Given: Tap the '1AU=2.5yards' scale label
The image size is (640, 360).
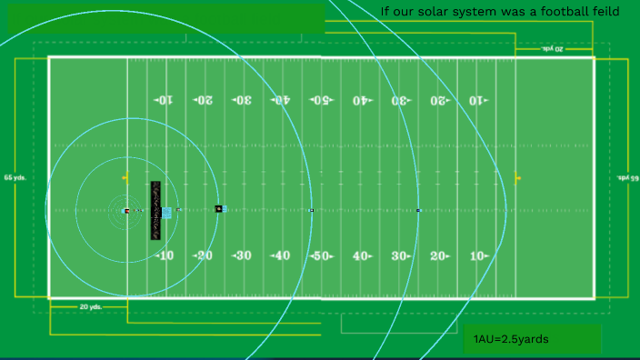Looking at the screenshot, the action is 511,339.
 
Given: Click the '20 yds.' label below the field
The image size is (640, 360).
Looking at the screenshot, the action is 89,307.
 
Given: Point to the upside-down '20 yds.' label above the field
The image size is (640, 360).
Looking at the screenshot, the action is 553,48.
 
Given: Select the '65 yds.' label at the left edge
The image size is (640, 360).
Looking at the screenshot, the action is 15,177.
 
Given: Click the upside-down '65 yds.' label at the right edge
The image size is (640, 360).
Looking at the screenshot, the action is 628,177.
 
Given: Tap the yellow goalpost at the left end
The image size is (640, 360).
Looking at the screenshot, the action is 125,176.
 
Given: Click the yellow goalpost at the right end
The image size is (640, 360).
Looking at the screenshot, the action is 517,177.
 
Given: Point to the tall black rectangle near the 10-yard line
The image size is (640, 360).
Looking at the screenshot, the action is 155,210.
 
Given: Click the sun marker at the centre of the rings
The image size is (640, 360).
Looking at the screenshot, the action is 125,211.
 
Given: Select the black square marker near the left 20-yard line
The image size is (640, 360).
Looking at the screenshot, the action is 218,209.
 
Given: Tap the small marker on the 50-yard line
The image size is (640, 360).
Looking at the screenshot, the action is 312,210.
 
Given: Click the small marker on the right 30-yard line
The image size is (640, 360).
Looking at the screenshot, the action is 418,211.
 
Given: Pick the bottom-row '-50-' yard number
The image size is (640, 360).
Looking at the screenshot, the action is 320,255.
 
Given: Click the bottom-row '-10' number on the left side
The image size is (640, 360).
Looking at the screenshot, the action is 164,255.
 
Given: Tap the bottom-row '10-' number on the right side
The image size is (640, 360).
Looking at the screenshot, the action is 478,255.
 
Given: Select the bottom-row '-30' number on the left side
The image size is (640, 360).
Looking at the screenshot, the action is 242,255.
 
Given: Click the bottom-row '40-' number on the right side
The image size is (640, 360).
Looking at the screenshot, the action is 362,255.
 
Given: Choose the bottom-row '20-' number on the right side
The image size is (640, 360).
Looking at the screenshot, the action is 439,255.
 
